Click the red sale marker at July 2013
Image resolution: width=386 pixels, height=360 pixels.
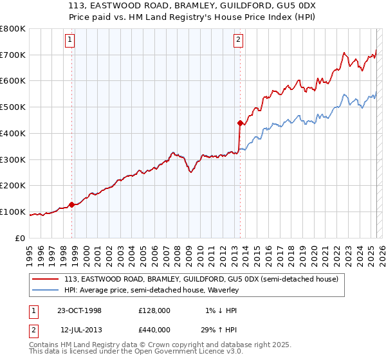[x=240, y=122]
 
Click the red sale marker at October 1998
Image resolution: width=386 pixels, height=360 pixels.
[x=72, y=204]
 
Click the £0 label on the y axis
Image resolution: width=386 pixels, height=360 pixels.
[x=21, y=238]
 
